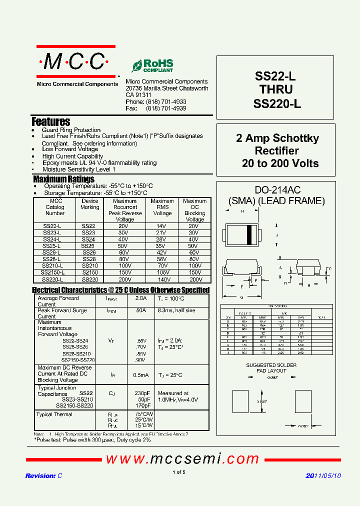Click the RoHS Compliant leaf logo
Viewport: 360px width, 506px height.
152,65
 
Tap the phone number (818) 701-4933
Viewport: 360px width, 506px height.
165,101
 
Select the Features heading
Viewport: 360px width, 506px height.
51,121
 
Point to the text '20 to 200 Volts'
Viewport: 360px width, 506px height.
280,163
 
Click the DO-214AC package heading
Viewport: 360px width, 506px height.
277,190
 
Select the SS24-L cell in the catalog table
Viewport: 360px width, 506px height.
52,239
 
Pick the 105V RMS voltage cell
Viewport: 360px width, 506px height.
162,272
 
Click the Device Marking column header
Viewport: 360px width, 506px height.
90,204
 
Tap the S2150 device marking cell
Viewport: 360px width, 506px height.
90,272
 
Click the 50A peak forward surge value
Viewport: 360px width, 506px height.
141,310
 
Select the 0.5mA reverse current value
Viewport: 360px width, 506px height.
141,374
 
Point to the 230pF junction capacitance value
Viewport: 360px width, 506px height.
141,393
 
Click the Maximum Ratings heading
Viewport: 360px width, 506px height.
63,179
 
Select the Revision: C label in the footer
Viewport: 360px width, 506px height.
43,476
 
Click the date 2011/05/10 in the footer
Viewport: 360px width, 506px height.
323,476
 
